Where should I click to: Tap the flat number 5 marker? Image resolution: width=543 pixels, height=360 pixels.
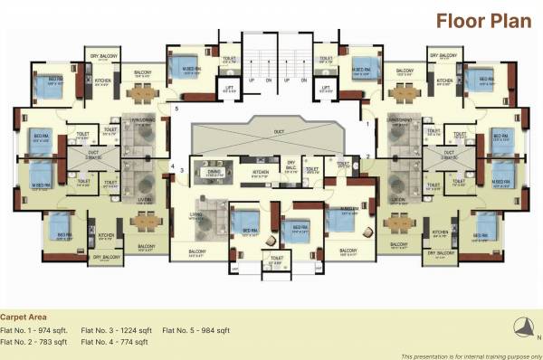click(x=176, y=109)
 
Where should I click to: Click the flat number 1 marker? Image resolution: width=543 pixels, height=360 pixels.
click(x=367, y=127)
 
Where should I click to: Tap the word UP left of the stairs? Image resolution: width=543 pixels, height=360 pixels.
click(x=251, y=80)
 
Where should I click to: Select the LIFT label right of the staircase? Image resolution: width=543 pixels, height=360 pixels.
click(x=327, y=88)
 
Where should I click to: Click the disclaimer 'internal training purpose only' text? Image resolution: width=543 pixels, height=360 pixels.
click(x=471, y=355)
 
